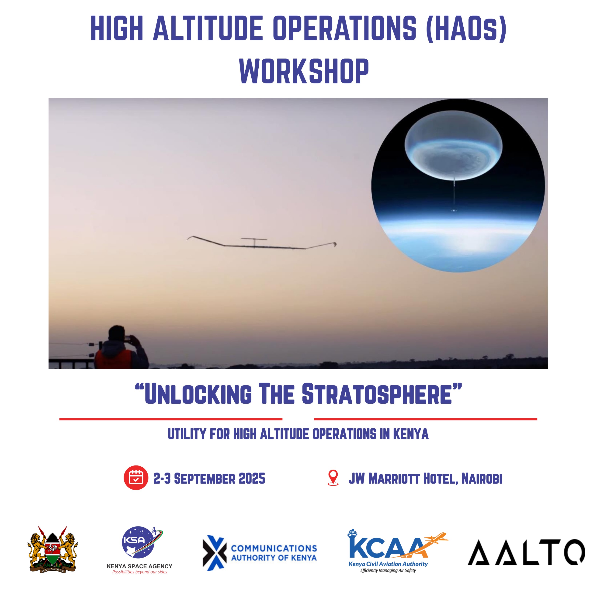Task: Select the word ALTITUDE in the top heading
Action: point(208,28)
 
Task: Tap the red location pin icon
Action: point(333,478)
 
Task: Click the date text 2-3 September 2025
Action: point(209,478)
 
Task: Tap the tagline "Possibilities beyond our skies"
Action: point(139,572)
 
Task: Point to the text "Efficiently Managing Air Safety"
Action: point(388,570)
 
